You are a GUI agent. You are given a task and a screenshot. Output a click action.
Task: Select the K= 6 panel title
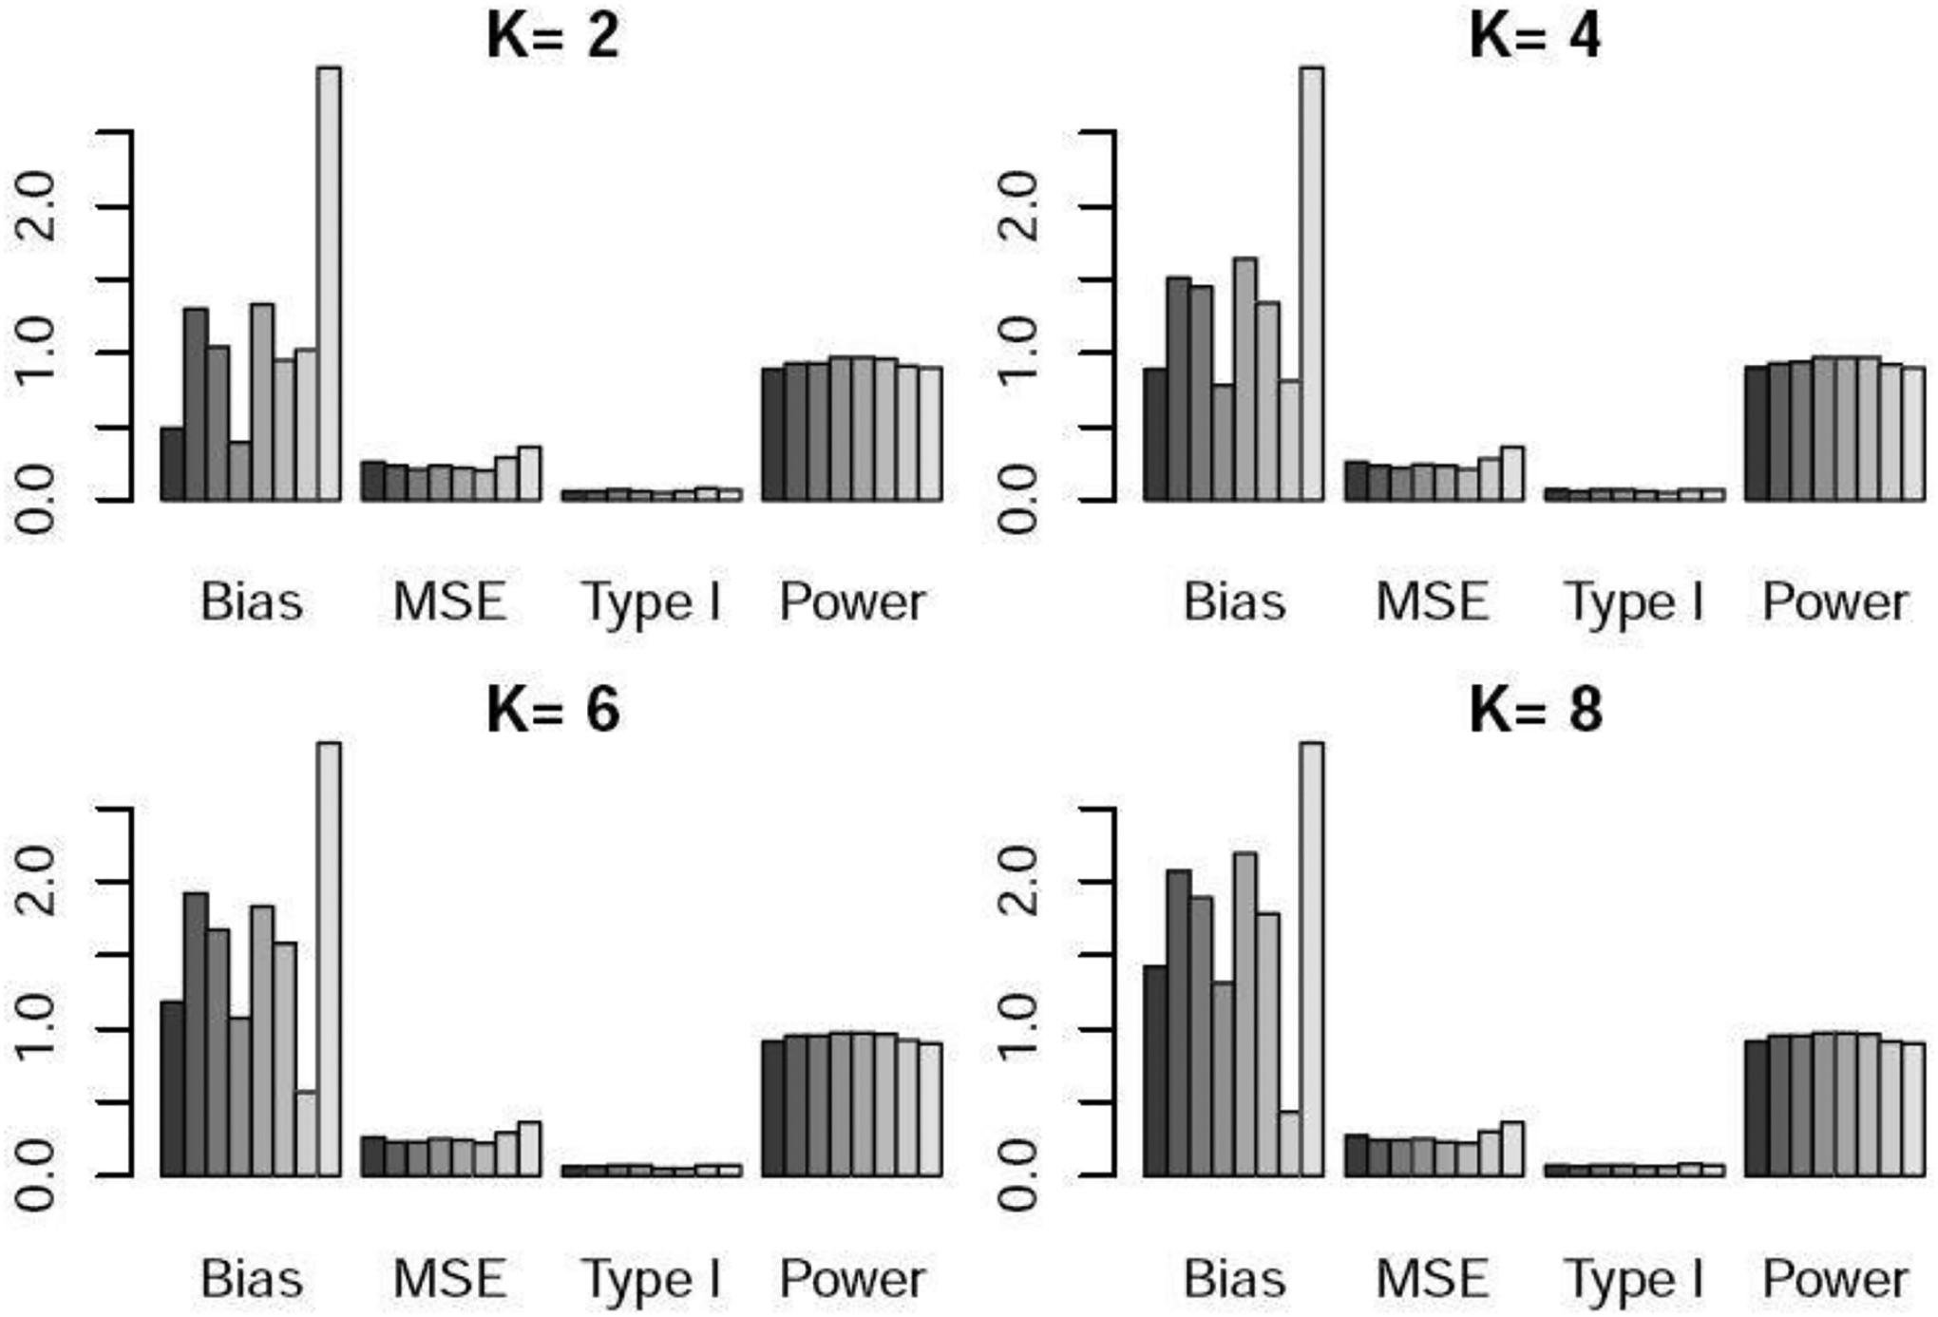(x=553, y=710)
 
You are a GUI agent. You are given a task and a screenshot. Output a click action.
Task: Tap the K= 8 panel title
(x=1535, y=710)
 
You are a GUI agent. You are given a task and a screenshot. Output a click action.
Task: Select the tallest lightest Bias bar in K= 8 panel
(x=1311, y=960)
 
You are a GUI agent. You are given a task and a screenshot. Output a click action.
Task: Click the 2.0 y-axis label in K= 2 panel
(x=36, y=207)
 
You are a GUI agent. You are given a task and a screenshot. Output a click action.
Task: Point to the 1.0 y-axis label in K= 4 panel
(x=1018, y=353)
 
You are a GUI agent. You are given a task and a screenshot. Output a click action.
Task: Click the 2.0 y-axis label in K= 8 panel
(x=1018, y=882)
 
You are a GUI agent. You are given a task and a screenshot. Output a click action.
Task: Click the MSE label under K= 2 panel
(x=450, y=602)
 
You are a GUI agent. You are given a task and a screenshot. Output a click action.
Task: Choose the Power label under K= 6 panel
(x=852, y=1279)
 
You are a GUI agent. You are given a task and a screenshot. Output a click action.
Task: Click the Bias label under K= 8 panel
(x=1234, y=1279)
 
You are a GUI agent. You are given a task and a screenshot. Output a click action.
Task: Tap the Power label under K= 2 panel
(x=852, y=602)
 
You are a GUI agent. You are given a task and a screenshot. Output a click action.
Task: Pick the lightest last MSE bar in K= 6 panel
(x=529, y=1150)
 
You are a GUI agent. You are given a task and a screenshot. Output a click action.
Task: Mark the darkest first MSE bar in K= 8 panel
(x=1356, y=1155)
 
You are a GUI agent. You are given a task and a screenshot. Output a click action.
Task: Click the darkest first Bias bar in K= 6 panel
(x=172, y=1089)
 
